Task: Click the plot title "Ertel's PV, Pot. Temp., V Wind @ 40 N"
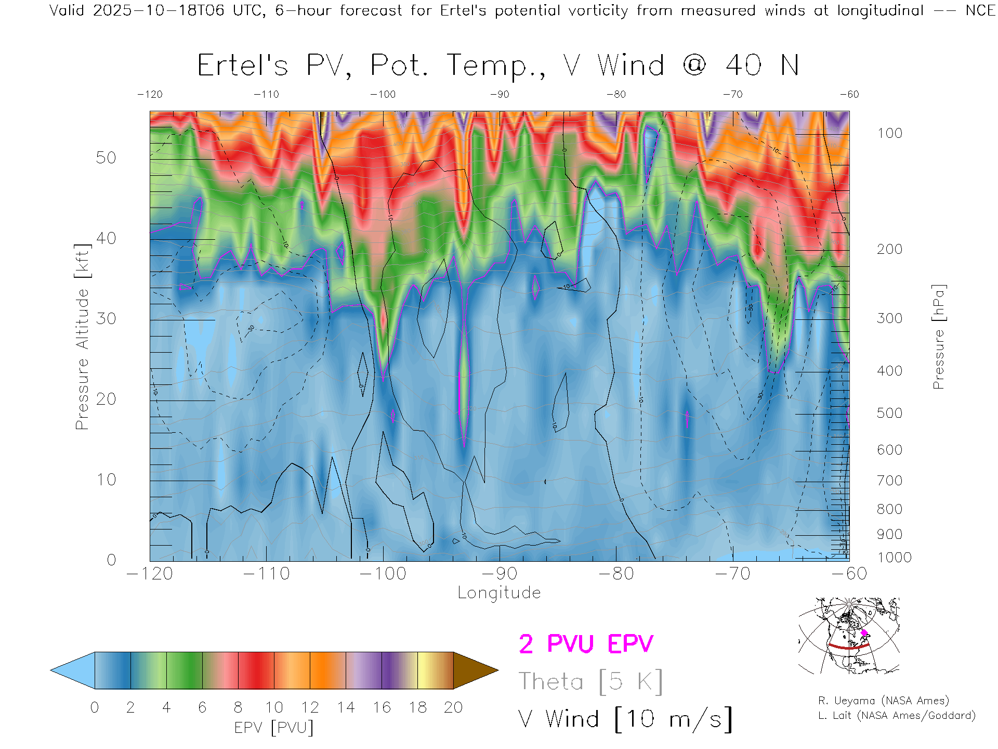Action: [x=497, y=66]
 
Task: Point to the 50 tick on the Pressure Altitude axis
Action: [x=106, y=158]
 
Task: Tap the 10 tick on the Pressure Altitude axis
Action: [x=106, y=480]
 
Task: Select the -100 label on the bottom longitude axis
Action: [x=383, y=574]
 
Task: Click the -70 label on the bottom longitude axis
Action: [x=733, y=574]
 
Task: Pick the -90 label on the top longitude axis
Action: [x=500, y=94]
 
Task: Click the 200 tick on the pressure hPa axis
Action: [x=889, y=249]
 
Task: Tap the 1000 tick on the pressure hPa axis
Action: [x=894, y=558]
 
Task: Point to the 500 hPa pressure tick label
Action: [x=889, y=413]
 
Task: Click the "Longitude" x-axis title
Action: [x=499, y=593]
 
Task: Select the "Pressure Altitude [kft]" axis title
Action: [x=82, y=337]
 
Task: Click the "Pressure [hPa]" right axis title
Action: [x=938, y=337]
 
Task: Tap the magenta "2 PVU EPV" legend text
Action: [x=586, y=644]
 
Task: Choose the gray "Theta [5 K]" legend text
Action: [x=590, y=681]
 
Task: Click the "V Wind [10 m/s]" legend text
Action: [x=625, y=719]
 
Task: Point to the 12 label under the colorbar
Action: [x=310, y=707]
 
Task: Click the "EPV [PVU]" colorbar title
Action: [x=274, y=728]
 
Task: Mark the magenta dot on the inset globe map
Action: [x=864, y=633]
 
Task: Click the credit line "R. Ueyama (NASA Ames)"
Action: [x=884, y=701]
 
